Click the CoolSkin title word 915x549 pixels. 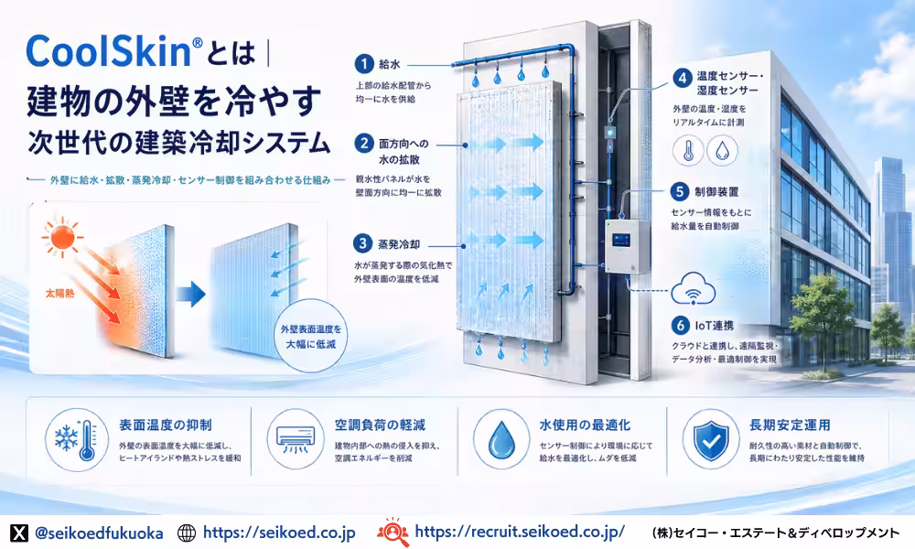(110, 51)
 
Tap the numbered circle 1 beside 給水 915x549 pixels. (364, 64)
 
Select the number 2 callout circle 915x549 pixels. (364, 144)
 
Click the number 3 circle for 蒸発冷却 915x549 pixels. (363, 243)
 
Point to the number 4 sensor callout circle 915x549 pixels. (683, 78)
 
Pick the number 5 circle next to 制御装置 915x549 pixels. (679, 191)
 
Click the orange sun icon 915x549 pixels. (61, 237)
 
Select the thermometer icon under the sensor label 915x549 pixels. (689, 150)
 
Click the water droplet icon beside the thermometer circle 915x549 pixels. (723, 150)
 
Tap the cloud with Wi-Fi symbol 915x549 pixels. (694, 289)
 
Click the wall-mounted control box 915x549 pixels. (628, 247)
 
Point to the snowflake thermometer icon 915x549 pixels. (77, 440)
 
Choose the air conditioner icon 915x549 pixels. (296, 440)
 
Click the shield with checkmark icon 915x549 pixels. (711, 440)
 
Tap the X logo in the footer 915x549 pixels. (19, 533)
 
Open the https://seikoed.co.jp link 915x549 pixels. (279, 533)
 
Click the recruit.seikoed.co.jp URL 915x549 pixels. (520, 532)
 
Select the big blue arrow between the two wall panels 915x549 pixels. (191, 295)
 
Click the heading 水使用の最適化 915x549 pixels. (585, 425)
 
